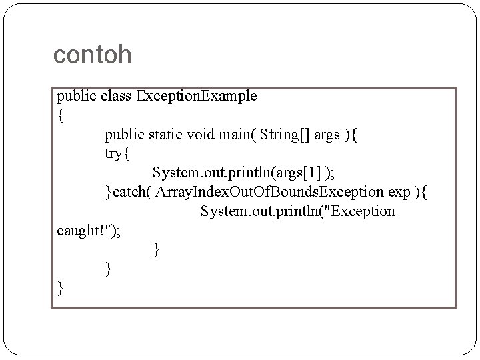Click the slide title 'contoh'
click(92, 55)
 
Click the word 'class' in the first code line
click(117, 96)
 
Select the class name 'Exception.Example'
click(197, 96)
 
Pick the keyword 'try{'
click(119, 154)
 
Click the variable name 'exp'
click(400, 193)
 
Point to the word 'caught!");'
click(89, 231)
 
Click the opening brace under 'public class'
click(61, 116)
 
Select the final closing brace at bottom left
click(61, 289)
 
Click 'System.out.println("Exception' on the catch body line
click(297, 212)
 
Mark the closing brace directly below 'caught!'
click(157, 251)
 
